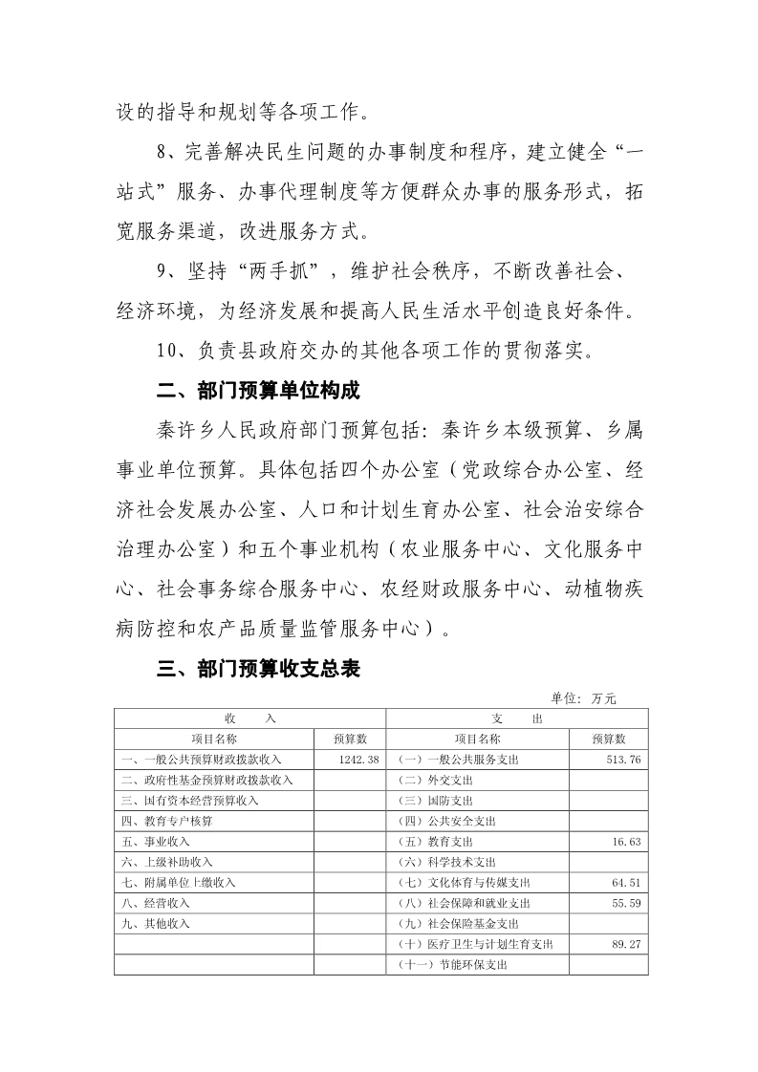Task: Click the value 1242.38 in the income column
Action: (x=359, y=759)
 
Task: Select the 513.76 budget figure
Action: (x=622, y=759)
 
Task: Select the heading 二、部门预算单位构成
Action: (x=258, y=391)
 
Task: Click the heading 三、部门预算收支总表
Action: (x=258, y=670)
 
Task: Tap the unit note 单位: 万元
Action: (x=584, y=698)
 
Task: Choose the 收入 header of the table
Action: (x=249, y=718)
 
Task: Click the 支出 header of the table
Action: (x=517, y=718)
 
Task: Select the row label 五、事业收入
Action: (x=156, y=842)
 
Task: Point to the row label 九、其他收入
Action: (x=156, y=924)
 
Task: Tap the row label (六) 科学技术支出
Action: (x=448, y=862)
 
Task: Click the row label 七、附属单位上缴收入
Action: (x=177, y=883)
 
